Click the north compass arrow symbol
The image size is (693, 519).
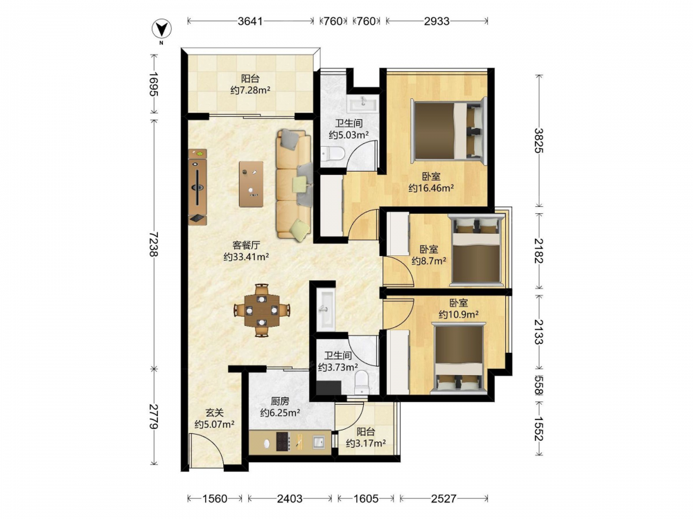(x=161, y=30)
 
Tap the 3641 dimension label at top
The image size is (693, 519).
(x=250, y=21)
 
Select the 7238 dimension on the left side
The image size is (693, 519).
(x=154, y=244)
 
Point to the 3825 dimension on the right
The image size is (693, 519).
(x=538, y=140)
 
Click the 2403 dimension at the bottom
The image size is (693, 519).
(x=290, y=499)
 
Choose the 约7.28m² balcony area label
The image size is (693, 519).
(x=250, y=91)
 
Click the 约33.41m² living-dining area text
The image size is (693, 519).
(x=246, y=257)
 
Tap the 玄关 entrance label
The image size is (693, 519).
(x=214, y=412)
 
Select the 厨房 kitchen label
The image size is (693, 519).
(x=280, y=401)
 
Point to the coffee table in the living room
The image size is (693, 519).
(x=251, y=184)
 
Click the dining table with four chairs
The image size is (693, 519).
(x=262, y=310)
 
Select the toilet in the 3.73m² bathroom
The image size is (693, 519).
(x=362, y=382)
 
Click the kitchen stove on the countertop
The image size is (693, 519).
(x=283, y=441)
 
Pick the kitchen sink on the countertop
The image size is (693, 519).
(x=319, y=441)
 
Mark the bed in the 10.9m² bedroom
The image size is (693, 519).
(x=459, y=358)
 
